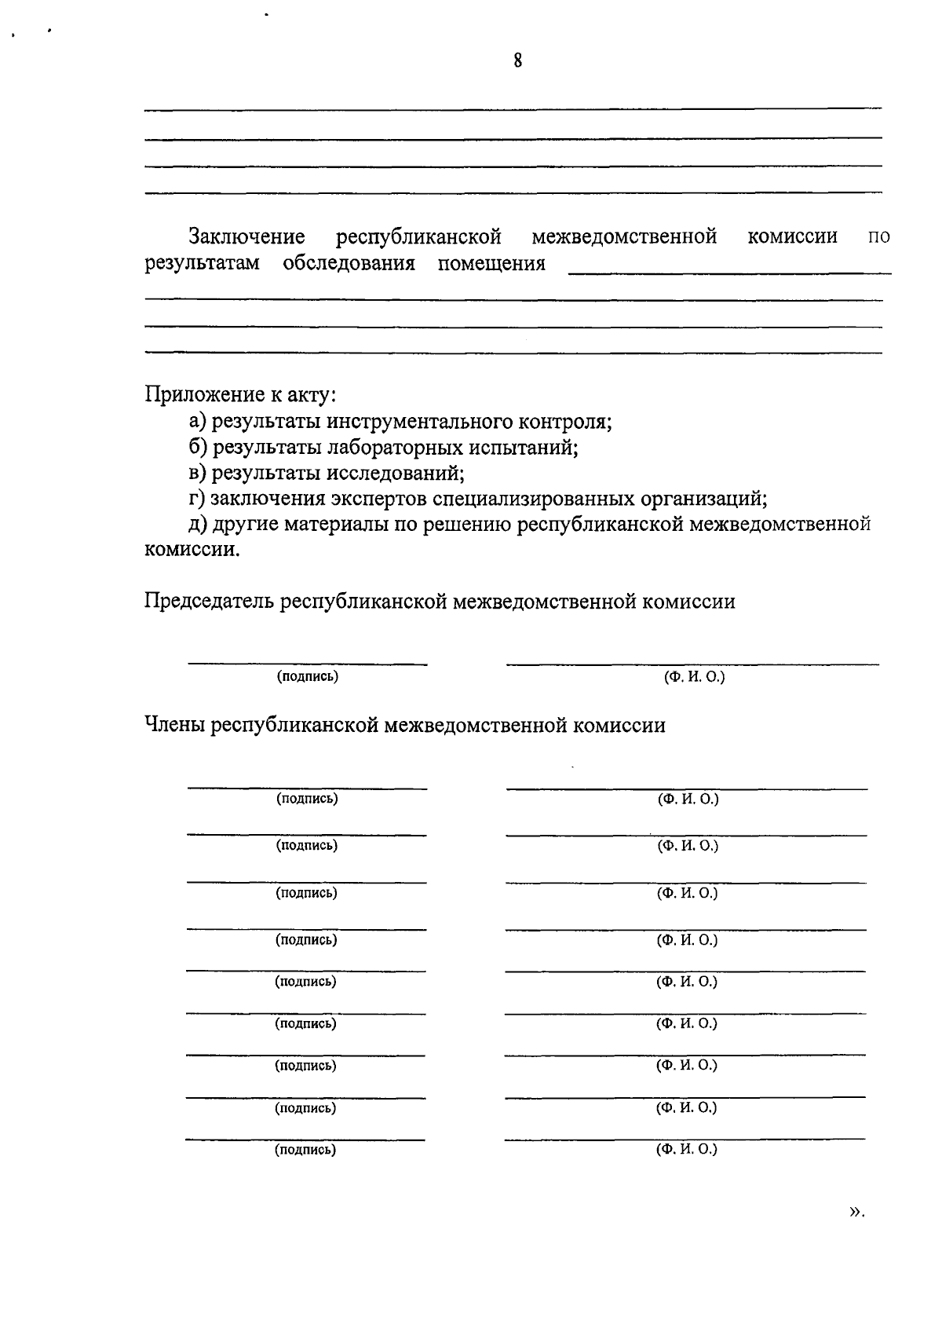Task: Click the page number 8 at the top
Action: point(518,60)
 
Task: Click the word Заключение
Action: point(246,236)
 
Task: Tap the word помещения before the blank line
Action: point(491,263)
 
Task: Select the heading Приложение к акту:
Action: point(240,394)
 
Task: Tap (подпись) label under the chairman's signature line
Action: point(307,676)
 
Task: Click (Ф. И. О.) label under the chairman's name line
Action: point(694,676)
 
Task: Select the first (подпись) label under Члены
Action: point(307,799)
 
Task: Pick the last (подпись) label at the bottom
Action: point(305,1150)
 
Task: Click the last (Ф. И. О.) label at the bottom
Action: point(687,1150)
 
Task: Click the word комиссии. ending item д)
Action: point(192,550)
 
